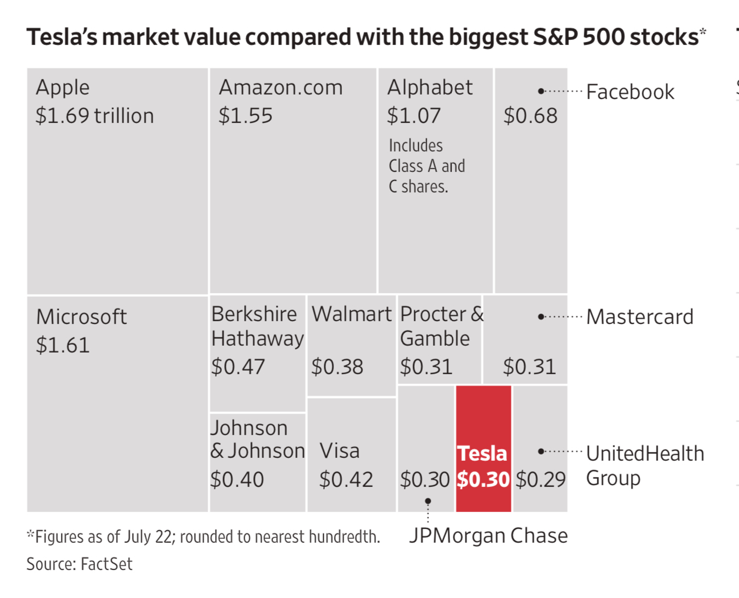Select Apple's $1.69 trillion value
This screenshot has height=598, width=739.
94,116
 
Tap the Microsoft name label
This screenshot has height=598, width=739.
81,317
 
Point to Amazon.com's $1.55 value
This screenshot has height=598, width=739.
246,116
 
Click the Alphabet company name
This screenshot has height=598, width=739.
430,87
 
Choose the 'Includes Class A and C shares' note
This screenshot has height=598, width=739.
427,166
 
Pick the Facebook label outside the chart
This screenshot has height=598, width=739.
630,92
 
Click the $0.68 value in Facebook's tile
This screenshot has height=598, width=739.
530,116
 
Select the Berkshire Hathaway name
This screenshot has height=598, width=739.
257,326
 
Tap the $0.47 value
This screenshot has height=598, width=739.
238,367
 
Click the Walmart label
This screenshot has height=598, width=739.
352,314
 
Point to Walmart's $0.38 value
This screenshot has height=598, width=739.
337,367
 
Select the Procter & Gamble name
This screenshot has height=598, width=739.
441,326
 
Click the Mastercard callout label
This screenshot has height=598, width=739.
639,317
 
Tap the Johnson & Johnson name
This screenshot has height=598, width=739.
257,439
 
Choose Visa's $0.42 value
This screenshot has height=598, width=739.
346,480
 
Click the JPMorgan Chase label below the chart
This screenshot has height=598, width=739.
488,535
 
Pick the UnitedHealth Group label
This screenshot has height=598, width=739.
645,465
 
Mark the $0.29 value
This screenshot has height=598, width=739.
540,480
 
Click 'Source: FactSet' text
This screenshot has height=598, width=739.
79,564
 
